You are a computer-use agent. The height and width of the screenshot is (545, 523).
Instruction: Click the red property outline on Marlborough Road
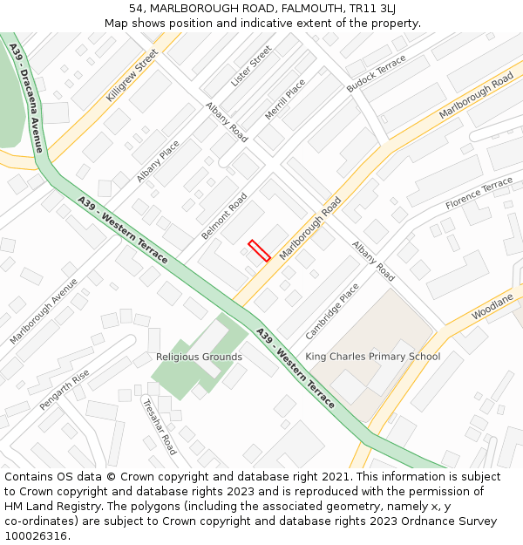click(x=259, y=250)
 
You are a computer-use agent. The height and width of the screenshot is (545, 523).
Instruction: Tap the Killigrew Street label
click(x=132, y=76)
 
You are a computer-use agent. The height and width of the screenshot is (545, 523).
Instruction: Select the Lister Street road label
click(x=251, y=67)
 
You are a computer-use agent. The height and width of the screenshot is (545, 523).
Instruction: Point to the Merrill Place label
click(x=286, y=99)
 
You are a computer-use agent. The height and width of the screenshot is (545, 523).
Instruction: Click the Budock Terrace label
click(x=377, y=73)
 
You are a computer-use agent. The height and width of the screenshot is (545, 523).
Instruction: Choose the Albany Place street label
click(x=158, y=161)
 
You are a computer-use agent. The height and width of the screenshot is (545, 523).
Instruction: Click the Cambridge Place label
click(x=332, y=311)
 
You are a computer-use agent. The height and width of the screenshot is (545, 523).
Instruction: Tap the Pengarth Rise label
click(x=65, y=390)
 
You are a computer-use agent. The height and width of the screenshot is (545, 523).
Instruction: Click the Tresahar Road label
click(x=160, y=426)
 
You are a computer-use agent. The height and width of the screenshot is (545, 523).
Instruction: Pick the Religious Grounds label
click(x=199, y=357)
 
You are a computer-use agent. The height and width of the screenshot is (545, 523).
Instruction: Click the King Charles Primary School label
click(x=372, y=357)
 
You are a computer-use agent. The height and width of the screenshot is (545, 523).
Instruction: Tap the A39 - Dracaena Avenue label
click(x=27, y=97)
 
